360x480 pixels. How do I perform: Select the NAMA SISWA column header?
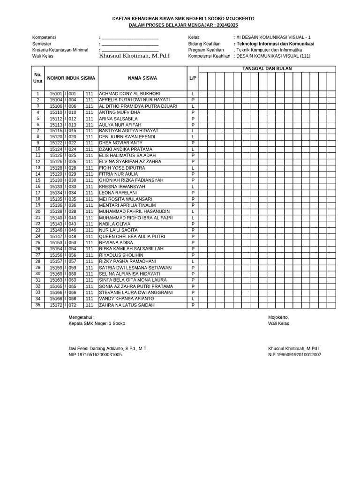tap(142, 78)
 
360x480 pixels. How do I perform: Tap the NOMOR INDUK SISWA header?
tap(71, 78)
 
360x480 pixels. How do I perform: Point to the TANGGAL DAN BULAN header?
tap(267, 69)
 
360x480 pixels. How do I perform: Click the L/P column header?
tap(193, 78)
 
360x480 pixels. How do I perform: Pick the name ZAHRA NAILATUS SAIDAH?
tap(127, 305)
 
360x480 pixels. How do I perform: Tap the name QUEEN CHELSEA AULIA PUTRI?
tap(132, 237)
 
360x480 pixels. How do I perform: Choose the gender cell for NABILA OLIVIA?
tap(193, 224)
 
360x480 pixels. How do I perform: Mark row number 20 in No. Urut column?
tap(38, 211)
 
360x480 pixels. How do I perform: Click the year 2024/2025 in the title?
tap(229, 24)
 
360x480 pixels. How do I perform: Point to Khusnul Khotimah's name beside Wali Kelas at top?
tap(135, 56)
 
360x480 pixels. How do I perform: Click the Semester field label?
tap(43, 44)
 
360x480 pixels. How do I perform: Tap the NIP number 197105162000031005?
tap(95, 355)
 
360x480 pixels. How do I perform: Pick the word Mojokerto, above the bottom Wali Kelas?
tap(278, 317)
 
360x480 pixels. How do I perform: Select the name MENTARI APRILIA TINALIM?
tap(127, 205)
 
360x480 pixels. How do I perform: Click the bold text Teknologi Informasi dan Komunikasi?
tap(275, 44)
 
